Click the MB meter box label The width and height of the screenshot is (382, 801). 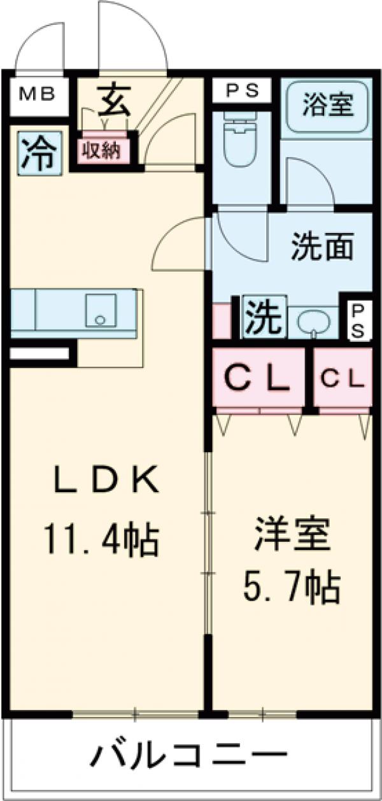pos(38,96)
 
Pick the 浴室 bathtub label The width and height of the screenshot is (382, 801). pos(327,104)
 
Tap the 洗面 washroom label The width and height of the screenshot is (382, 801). pos(323,248)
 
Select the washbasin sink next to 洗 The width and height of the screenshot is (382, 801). pos(312,322)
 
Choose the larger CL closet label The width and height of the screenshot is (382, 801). pos(258,380)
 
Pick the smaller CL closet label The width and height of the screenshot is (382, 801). pos(343,379)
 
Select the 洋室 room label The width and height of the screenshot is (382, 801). pos(294,536)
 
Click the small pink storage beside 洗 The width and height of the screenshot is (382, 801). pos(222,322)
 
